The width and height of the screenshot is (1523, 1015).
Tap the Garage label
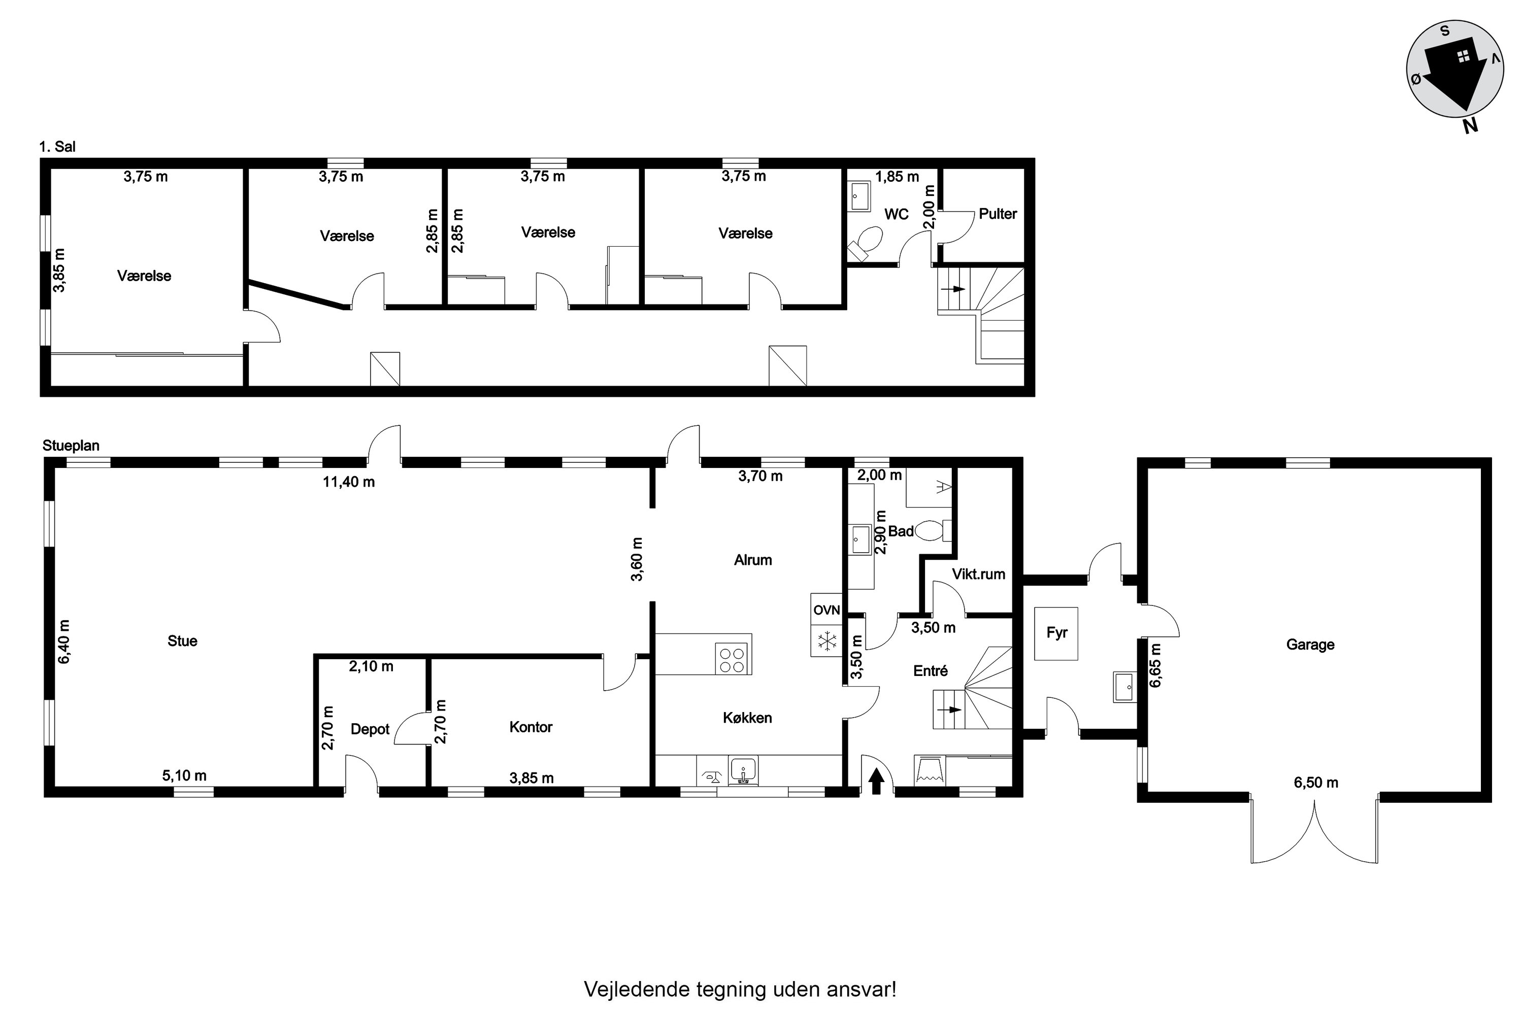click(1310, 645)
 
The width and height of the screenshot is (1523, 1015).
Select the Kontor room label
click(531, 727)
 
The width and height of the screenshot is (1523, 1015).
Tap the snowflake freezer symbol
click(826, 641)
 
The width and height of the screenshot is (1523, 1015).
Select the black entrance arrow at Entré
click(876, 780)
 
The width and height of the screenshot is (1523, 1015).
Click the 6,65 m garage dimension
click(1155, 665)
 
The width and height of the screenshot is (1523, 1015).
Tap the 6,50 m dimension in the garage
click(1316, 783)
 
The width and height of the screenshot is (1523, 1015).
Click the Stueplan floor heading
click(71, 446)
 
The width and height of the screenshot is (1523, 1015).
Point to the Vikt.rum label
click(978, 574)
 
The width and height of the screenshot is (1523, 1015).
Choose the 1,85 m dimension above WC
click(897, 177)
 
